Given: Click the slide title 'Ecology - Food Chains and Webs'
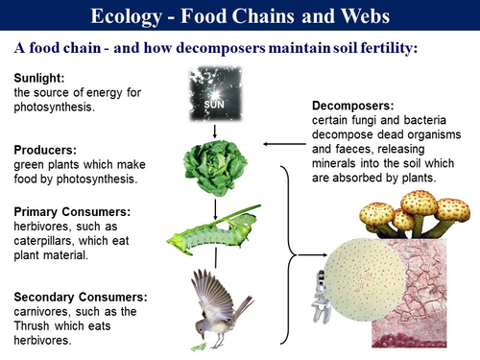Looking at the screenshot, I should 239,16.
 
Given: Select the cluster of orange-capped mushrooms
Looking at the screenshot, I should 413,215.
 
